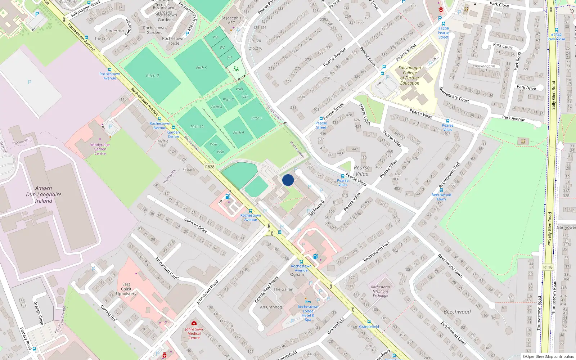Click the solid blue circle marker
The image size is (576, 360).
point(288,180)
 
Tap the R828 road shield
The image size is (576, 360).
point(210,167)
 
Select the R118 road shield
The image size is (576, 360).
point(548,267)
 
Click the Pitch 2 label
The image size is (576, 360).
point(152,76)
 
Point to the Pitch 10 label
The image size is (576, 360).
point(197,127)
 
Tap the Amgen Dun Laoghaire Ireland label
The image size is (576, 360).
point(44,194)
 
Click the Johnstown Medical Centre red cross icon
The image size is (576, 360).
point(194,323)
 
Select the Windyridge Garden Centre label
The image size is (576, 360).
point(100,149)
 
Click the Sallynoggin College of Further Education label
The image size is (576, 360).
point(410,75)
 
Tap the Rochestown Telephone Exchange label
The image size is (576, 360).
point(381,291)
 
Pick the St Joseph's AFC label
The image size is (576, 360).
point(231,20)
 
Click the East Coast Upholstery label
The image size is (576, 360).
point(126,289)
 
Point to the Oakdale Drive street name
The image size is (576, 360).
point(195,225)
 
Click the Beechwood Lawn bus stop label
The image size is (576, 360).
point(441,197)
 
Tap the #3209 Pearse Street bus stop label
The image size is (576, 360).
point(444,33)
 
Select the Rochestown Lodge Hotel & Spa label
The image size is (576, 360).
point(308,313)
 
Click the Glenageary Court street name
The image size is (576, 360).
point(454,95)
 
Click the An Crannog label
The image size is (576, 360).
point(271,307)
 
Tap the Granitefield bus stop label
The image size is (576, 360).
point(369,327)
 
